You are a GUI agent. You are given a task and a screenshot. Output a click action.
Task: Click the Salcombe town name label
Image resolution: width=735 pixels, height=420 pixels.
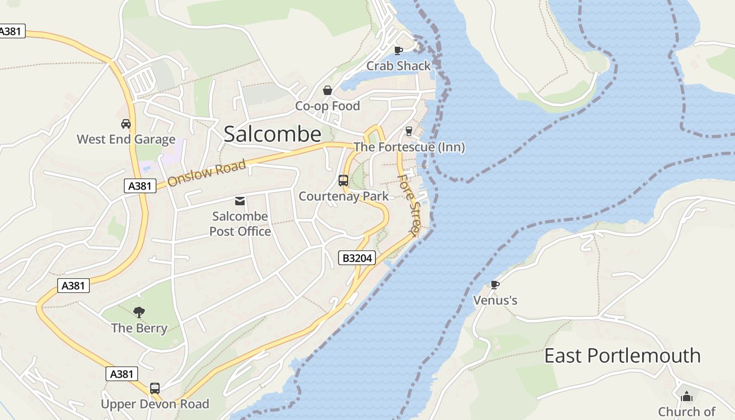coord(272,134)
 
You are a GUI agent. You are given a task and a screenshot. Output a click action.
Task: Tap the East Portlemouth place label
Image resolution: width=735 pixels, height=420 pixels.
coord(622,356)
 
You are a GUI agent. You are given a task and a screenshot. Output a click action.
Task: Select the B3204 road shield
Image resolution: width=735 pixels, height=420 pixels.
coord(356,258)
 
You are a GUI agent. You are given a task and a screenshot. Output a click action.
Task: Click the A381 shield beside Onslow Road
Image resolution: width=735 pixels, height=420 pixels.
coord(140,185)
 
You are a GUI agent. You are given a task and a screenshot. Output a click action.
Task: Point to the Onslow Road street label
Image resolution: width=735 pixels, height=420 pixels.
coord(207,173)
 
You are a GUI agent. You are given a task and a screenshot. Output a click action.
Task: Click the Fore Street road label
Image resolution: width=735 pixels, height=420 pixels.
coord(409,205)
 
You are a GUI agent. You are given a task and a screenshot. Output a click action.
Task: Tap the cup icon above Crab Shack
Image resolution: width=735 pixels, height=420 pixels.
coord(398,50)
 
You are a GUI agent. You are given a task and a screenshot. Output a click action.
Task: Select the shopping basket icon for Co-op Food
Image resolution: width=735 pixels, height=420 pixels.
coord(328,90)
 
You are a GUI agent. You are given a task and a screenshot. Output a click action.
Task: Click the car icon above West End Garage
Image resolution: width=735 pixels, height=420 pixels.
coord(126,124)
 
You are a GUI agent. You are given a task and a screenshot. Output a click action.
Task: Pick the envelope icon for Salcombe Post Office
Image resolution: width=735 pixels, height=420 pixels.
coord(240,201)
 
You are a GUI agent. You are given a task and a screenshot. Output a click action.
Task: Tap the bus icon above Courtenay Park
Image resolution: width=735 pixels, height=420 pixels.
coord(343,181)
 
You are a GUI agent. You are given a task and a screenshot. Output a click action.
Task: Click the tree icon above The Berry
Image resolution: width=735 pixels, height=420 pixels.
coord(139,312)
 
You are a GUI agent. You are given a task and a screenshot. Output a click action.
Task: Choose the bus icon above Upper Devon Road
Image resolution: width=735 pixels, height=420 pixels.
coord(155,388)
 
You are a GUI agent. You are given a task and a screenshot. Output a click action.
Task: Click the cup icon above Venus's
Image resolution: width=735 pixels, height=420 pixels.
coord(495,285)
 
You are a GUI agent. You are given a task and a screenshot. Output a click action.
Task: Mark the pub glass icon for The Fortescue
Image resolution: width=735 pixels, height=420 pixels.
coord(409,131)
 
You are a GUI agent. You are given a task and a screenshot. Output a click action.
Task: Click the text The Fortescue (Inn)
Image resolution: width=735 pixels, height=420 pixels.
coord(409,147)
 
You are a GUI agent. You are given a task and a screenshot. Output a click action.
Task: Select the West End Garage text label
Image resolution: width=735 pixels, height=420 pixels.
coord(126,139)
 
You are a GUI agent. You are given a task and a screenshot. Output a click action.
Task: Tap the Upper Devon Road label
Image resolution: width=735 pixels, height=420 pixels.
coord(155,404)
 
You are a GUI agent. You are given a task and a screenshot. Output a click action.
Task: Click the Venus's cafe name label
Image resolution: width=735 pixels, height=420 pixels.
coord(495,300)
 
